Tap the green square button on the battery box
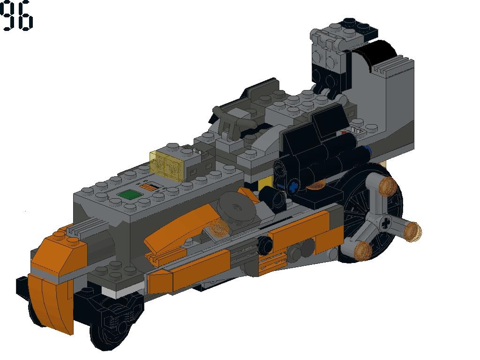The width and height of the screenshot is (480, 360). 128,195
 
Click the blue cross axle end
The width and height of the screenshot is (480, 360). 293,187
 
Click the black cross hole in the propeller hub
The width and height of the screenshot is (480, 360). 386,223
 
